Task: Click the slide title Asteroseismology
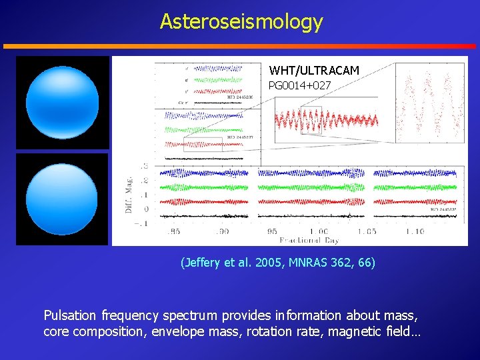coord(241,22)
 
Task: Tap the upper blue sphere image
coord(62,103)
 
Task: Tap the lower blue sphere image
coord(62,199)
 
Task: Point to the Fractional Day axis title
coord(309,240)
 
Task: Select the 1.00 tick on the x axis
coord(317,231)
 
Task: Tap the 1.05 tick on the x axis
coord(365,231)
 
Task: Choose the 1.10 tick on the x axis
coord(414,231)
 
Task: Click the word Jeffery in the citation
coord(203,263)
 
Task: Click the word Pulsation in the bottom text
coord(71,315)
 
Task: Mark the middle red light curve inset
coord(326,121)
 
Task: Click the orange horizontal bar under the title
coord(240,47)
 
